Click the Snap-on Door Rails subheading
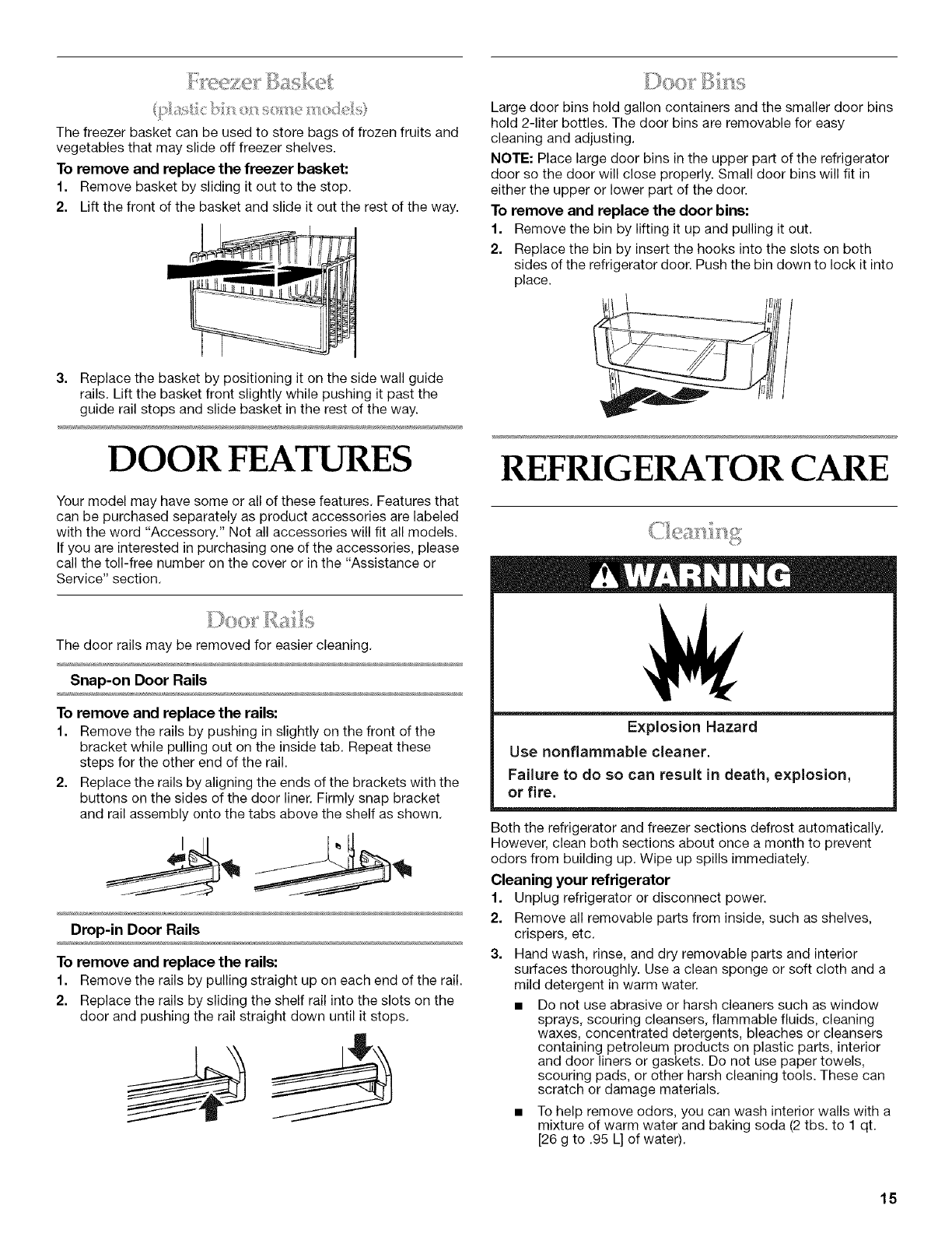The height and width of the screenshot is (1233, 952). tap(138, 680)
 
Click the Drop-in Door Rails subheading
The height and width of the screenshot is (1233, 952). tap(135, 929)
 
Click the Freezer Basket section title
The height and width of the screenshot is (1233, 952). tap(260, 80)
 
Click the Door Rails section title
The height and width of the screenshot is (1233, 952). tap(260, 621)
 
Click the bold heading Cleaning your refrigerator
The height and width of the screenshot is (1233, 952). tap(581, 880)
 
